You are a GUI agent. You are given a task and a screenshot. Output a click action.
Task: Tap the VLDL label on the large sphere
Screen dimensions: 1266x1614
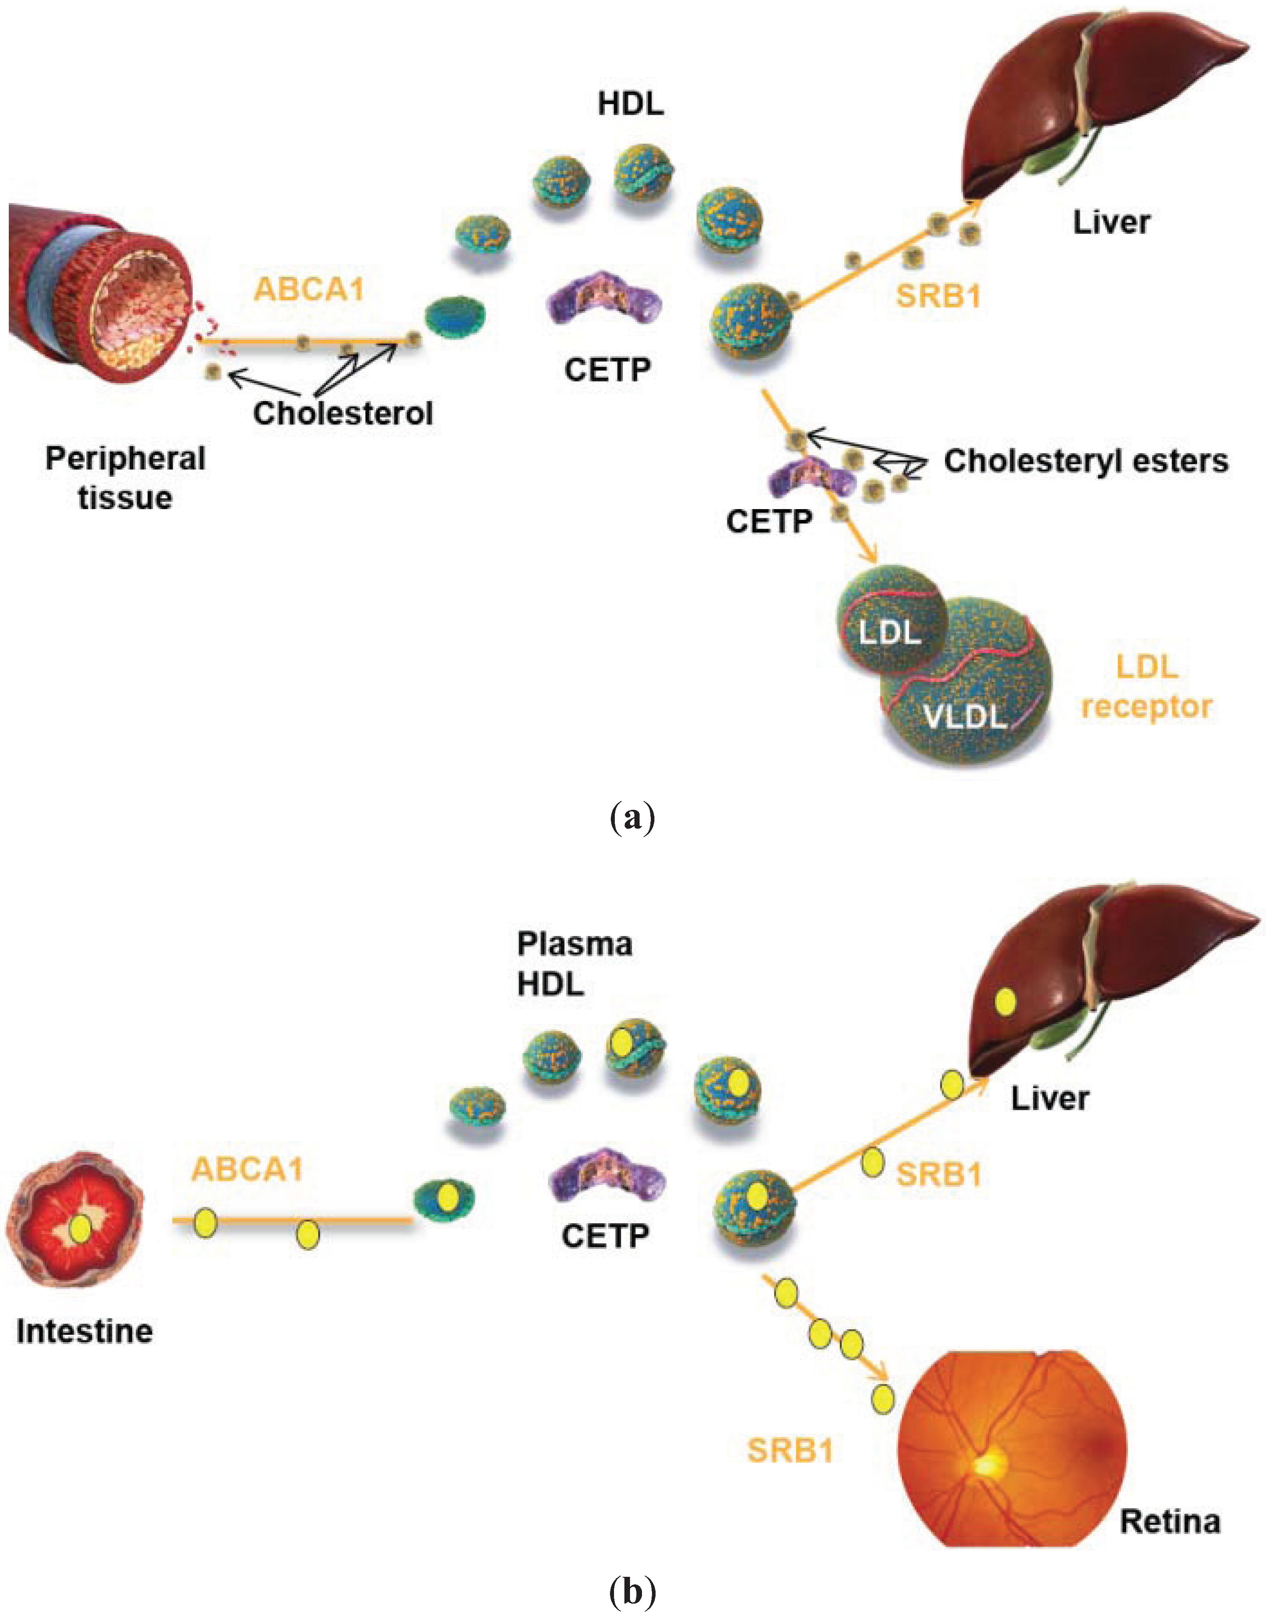tap(965, 716)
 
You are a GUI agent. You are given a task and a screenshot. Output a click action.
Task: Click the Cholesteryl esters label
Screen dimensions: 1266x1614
tap(1086, 461)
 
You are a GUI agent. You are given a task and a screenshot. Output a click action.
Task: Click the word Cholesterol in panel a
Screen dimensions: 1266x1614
tap(343, 413)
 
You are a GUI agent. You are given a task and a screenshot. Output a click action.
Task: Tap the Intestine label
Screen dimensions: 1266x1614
tap(84, 1332)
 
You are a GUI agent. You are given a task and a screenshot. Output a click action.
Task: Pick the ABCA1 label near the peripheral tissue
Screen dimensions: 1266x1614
tap(309, 289)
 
